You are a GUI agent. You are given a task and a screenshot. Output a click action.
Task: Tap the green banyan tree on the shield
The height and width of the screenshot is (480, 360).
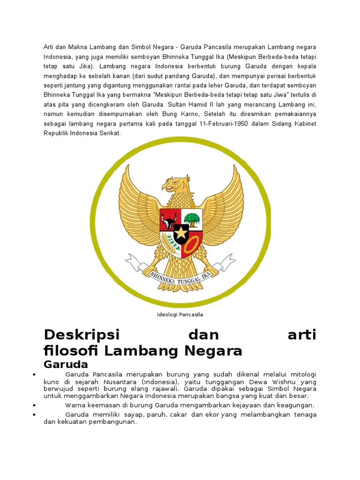coord(192,218)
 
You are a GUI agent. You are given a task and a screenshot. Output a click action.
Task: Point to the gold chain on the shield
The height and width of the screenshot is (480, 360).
coord(191,243)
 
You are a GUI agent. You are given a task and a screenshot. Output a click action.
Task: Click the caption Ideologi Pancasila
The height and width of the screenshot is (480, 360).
coord(180,315)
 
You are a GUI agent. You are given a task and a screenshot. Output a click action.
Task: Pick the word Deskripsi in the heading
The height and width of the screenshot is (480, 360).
coord(82,335)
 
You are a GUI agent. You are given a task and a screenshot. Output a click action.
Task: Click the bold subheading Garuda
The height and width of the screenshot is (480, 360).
coord(66,364)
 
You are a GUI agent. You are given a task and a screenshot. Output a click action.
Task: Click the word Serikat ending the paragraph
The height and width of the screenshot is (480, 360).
coord(109,133)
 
